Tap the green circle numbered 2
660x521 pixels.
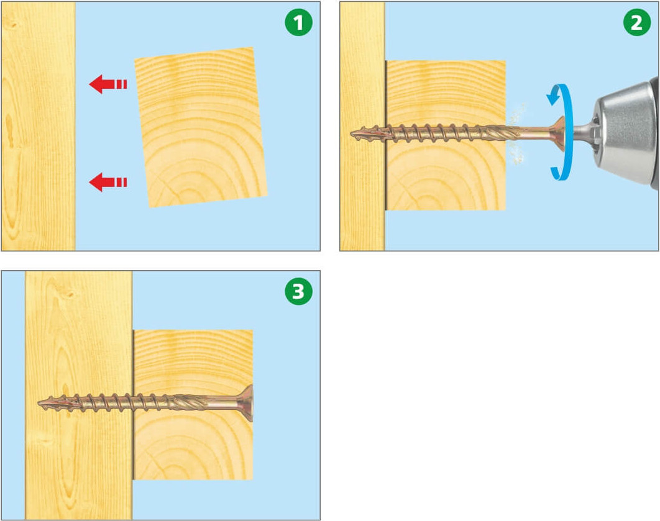[637, 22]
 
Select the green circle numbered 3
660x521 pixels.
[298, 291]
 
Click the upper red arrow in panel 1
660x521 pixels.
[108, 84]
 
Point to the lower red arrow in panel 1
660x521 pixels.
[108, 182]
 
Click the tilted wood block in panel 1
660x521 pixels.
[201, 127]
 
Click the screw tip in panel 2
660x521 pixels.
[352, 134]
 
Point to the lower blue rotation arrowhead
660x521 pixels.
[556, 173]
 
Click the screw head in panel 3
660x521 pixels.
[247, 403]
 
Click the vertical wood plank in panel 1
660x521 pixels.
[39, 126]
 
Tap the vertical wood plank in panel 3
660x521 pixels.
[79, 396]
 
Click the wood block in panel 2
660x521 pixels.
[446, 135]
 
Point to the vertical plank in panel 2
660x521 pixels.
[362, 126]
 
